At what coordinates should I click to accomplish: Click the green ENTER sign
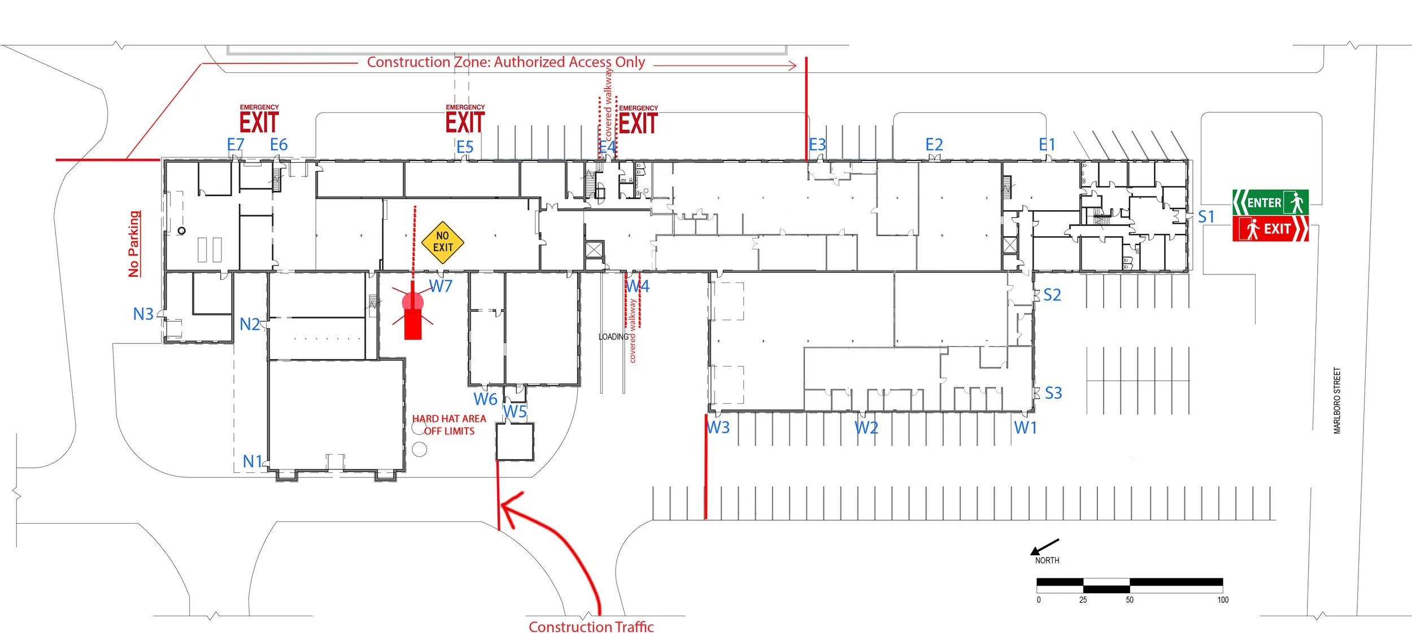[1270, 202]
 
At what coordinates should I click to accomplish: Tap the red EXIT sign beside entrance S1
[1270, 229]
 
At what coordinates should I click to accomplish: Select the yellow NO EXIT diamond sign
[443, 242]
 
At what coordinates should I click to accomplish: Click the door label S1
[1206, 217]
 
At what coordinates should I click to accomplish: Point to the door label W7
[441, 286]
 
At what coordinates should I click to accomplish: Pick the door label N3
[143, 314]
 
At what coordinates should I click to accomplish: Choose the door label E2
[934, 145]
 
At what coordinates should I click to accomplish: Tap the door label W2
[866, 428]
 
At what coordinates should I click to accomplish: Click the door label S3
[1053, 393]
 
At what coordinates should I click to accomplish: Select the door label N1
[252, 462]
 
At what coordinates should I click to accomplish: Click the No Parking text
[134, 244]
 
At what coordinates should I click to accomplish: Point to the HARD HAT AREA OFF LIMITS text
[449, 425]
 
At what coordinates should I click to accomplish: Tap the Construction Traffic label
[591, 627]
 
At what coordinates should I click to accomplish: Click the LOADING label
[613, 337]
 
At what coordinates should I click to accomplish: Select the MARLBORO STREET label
[1337, 400]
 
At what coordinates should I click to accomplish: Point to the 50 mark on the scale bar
[1129, 600]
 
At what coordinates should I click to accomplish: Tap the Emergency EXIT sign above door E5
[465, 120]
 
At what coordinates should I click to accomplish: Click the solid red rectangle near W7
[413, 324]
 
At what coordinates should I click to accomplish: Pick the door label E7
[235, 145]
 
